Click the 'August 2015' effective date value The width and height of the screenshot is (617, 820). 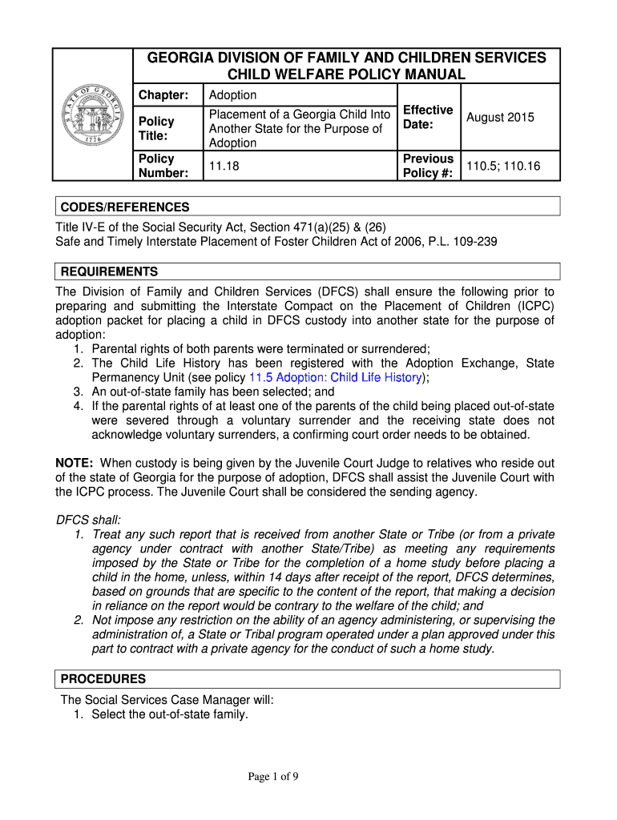click(x=500, y=118)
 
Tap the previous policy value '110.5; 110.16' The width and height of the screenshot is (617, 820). click(x=503, y=166)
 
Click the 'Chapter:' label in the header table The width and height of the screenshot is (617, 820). click(x=163, y=95)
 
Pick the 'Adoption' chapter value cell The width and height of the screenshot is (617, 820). click(x=232, y=95)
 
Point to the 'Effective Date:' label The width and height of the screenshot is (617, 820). click(x=428, y=117)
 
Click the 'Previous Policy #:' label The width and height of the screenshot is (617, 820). click(x=428, y=166)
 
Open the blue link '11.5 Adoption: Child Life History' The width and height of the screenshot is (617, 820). click(x=336, y=377)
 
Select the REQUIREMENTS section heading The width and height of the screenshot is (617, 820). click(x=110, y=271)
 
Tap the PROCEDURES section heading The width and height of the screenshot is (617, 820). click(x=103, y=679)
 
